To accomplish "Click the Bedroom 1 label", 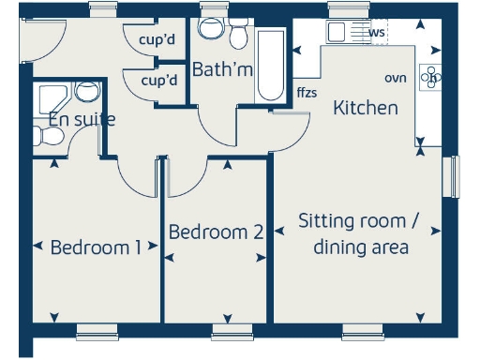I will pos(96,247).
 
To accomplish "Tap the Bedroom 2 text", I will pos(216,232).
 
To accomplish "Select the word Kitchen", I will pos(366,108).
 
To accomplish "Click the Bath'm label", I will pos(221,69).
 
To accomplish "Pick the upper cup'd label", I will pos(157,40).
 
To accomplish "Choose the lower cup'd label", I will pos(158,81).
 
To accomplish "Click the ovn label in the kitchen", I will pos(396,78).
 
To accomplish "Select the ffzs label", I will pos(307,93).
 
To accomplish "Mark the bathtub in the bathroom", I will pos(270,66).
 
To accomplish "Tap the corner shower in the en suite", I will pos(49,97).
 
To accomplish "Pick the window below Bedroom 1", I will pos(97,329).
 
